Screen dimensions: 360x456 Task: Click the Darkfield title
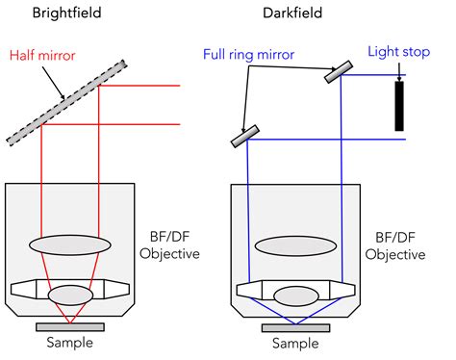coord(296,14)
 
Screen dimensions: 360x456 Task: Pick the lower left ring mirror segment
coord(246,136)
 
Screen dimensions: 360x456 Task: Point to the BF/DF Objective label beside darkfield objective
coord(397,246)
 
